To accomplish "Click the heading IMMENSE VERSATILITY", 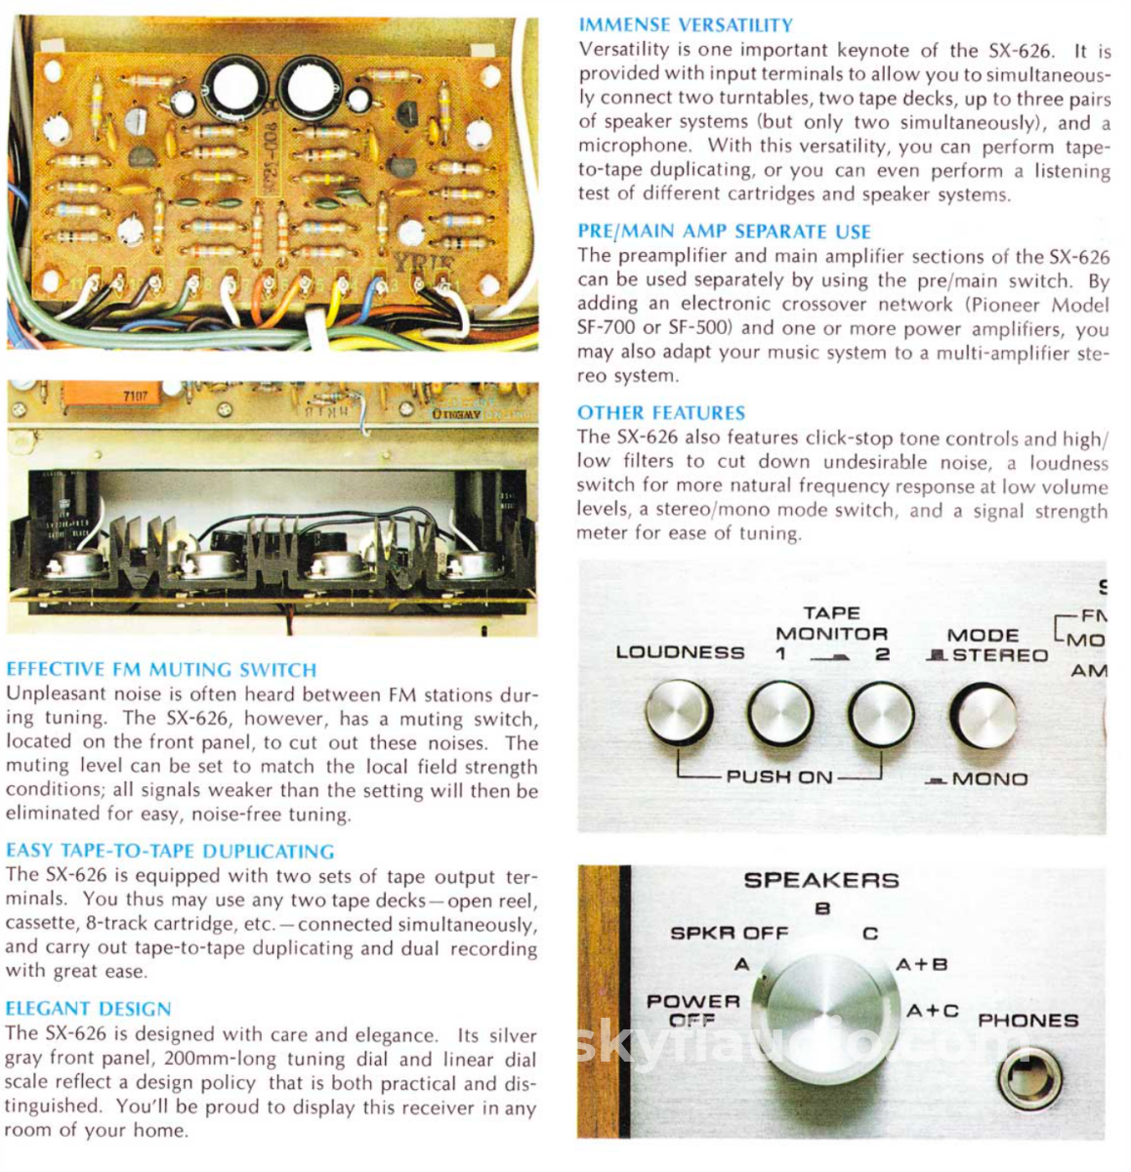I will point(686,25).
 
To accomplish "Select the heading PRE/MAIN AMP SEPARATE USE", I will point(724,231).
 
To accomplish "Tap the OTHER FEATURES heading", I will point(660,413).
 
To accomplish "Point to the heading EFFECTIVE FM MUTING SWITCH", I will point(161,670).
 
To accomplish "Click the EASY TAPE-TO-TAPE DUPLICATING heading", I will point(170,851).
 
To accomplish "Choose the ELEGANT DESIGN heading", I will point(88,1009).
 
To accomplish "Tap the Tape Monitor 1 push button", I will point(780,714).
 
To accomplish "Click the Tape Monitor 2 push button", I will point(881,714).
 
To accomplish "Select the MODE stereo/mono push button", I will point(983,716).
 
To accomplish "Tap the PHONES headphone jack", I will point(1029,1081).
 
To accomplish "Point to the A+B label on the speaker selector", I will point(921,965).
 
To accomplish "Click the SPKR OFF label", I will point(729,933).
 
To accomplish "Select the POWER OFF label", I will point(692,1010).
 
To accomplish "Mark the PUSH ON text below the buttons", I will point(778,777).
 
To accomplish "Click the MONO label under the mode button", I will point(987,779).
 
